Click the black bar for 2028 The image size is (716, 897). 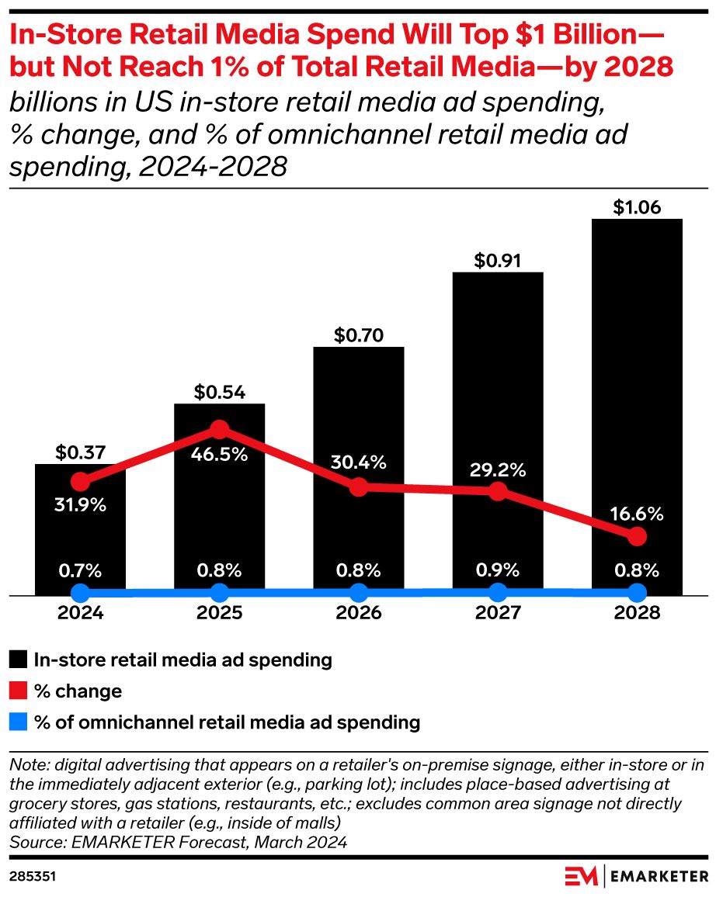(637, 372)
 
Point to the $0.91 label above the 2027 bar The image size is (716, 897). (498, 261)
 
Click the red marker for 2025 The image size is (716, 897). (219, 429)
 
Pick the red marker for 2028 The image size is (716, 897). (637, 536)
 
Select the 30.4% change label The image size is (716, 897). (358, 463)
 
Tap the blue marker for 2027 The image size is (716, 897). (498, 594)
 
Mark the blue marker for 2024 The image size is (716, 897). (80, 594)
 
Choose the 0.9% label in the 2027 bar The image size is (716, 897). (498, 570)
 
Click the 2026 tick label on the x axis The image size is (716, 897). (358, 613)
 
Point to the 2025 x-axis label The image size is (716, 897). (219, 613)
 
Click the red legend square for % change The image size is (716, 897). (19, 691)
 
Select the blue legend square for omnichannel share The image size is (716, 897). (19, 722)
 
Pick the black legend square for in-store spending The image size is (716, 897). (19, 660)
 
